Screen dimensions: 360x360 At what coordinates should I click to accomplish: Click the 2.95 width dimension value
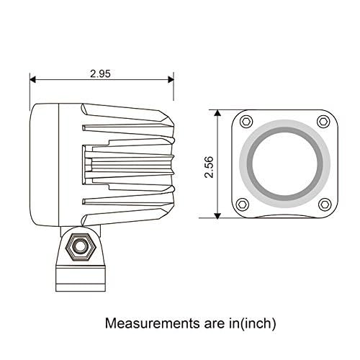coord(102,73)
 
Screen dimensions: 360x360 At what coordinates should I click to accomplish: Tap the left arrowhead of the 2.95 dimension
coord(33,80)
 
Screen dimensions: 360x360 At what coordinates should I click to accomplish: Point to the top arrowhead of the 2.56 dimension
coord(218,113)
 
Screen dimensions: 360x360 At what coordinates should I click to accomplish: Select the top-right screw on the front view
coord(323,120)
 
